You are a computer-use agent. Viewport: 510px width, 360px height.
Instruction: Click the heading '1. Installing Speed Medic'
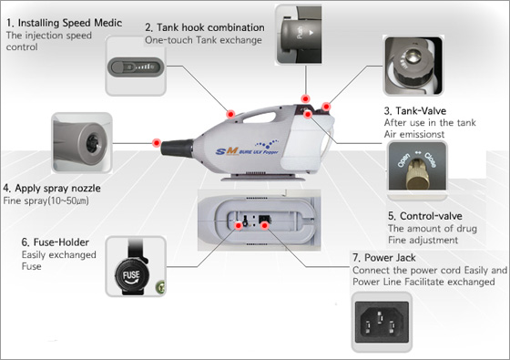[64, 23]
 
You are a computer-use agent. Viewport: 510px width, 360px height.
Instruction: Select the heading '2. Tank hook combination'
[205, 27]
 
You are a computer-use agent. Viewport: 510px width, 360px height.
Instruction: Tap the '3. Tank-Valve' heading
[415, 110]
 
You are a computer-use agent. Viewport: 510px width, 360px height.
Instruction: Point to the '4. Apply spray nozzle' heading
[52, 188]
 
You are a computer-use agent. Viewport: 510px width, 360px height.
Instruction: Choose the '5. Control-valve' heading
[425, 216]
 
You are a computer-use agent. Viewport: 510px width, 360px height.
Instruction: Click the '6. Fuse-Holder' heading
[55, 242]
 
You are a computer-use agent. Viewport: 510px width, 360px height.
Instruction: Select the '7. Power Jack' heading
[384, 257]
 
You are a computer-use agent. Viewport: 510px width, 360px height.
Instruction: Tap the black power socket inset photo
[382, 322]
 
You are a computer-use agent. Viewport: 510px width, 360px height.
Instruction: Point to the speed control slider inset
[136, 67]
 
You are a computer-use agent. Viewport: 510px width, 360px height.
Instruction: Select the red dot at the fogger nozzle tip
[157, 142]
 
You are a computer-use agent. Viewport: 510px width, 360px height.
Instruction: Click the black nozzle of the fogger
[178, 148]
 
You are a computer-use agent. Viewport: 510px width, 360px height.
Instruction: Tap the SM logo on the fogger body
[227, 151]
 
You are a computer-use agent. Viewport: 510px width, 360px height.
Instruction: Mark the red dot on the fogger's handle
[230, 114]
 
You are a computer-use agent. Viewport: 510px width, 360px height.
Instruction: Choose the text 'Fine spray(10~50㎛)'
[46, 201]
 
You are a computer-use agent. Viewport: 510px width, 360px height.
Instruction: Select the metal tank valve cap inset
[413, 66]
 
